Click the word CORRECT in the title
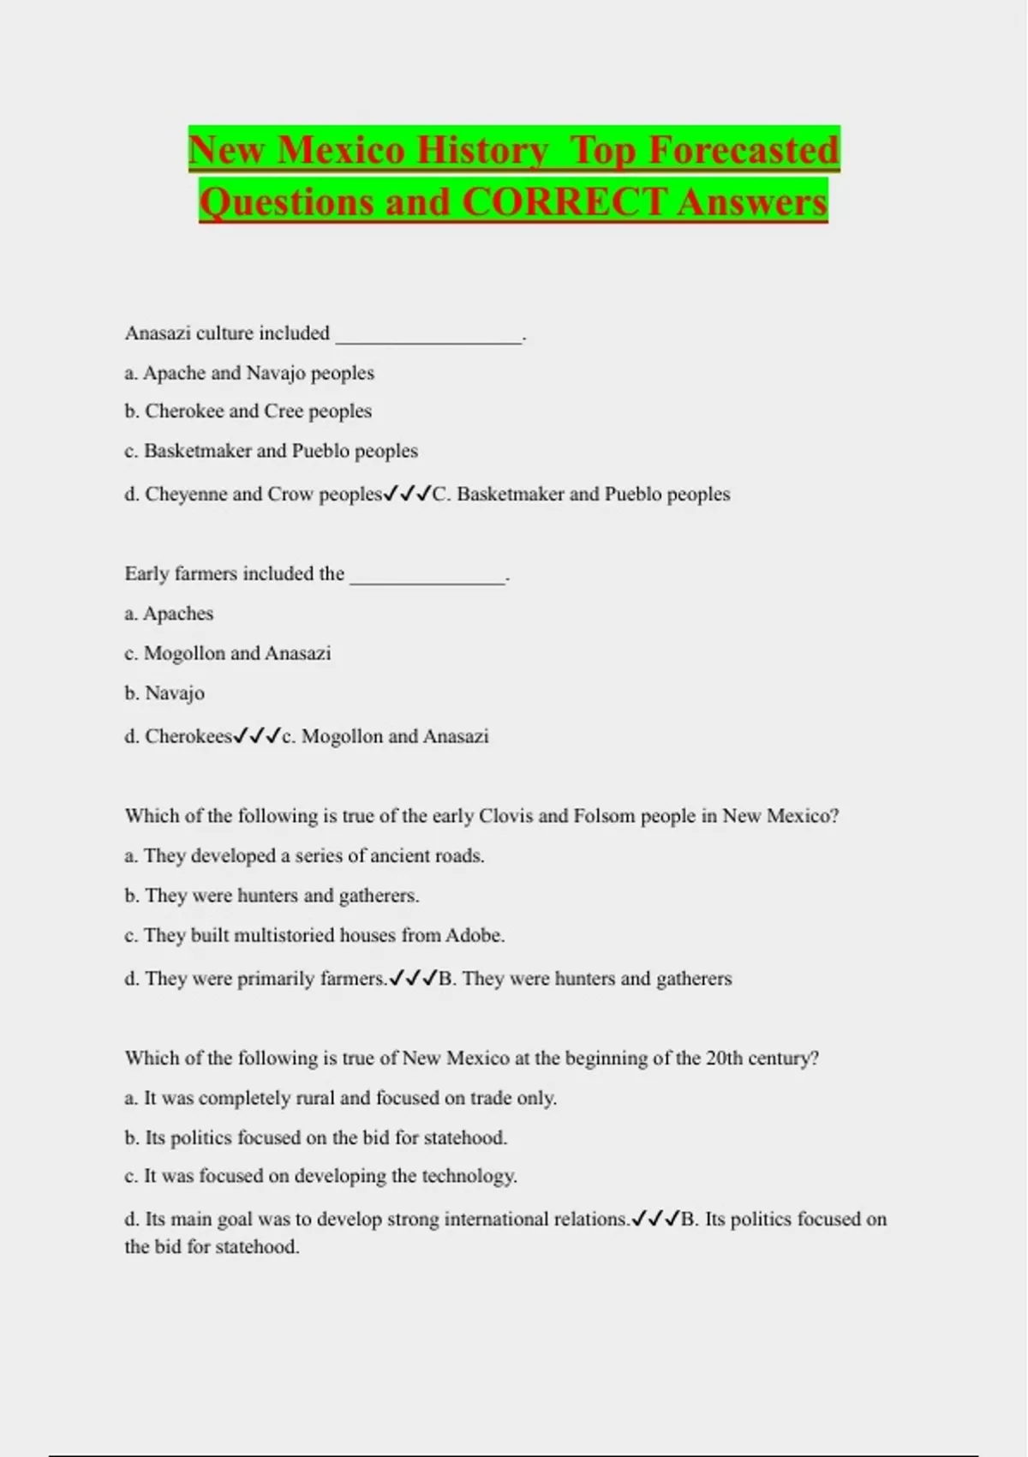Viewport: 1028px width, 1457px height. coord(565,202)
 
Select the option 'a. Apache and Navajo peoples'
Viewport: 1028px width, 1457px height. coord(249,373)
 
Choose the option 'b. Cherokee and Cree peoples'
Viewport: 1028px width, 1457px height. coord(248,411)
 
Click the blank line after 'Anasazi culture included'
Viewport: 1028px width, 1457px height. coord(428,336)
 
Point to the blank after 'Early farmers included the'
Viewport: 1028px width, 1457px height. coord(427,577)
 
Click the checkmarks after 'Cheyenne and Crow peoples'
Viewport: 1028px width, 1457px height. coord(407,494)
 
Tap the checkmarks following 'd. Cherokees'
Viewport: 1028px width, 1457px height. coord(257,735)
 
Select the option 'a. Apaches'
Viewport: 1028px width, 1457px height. coord(169,614)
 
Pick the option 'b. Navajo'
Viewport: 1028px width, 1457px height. coord(164,693)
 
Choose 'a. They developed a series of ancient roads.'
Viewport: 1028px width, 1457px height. coord(304,855)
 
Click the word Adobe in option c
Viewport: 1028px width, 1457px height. coord(474,935)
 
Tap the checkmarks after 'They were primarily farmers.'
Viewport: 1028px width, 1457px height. coord(414,978)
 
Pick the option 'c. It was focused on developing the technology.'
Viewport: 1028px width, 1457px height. coord(320,1176)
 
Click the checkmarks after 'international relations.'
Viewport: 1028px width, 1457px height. coord(655,1219)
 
